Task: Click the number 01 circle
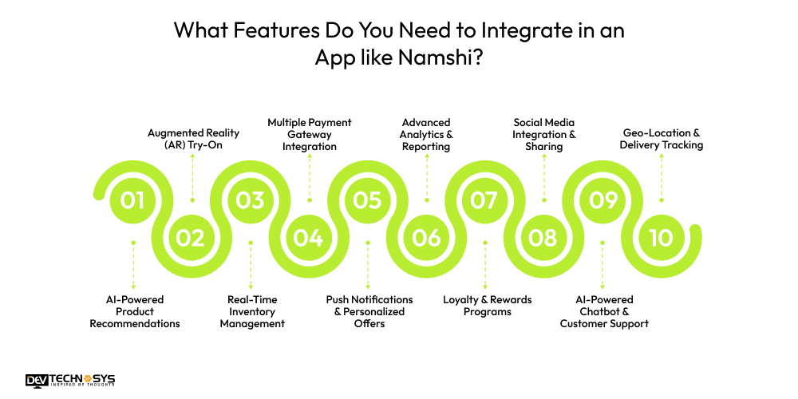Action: pyautogui.click(x=132, y=199)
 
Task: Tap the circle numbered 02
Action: pyautogui.click(x=191, y=238)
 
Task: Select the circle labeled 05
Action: pyautogui.click(x=367, y=199)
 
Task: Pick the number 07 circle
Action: pyautogui.click(x=484, y=199)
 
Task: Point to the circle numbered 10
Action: pyautogui.click(x=661, y=238)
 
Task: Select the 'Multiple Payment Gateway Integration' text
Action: pyautogui.click(x=309, y=134)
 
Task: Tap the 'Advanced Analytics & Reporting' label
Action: pyautogui.click(x=426, y=134)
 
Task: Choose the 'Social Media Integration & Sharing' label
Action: pyautogui.click(x=544, y=134)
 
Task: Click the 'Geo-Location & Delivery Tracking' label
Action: pyautogui.click(x=661, y=140)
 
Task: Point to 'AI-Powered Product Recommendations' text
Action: pyautogui.click(x=134, y=311)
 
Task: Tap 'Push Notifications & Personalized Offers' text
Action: pyautogui.click(x=369, y=311)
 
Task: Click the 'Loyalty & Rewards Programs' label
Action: pyautogui.click(x=487, y=306)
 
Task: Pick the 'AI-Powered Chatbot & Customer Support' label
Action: pyautogui.click(x=604, y=311)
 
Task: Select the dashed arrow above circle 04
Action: pyautogui.click(x=309, y=177)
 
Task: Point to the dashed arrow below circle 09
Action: pyautogui.click(x=602, y=265)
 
